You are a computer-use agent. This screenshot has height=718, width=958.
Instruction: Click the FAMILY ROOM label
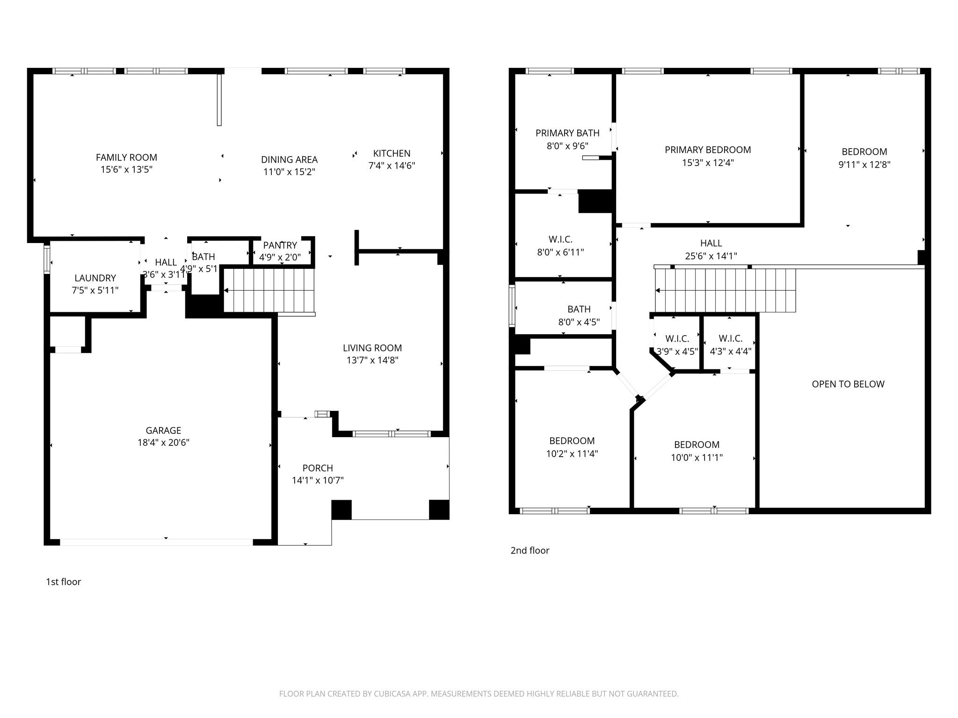tap(126, 158)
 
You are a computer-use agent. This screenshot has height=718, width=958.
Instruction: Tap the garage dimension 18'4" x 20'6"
tap(163, 443)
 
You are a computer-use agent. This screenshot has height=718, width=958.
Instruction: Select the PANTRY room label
tap(280, 245)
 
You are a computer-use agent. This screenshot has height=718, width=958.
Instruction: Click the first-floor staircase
tap(269, 290)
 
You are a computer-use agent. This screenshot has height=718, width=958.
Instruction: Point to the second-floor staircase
tap(725, 290)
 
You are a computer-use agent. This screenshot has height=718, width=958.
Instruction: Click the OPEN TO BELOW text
tap(848, 384)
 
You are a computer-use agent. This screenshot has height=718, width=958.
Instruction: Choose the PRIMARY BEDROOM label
tap(708, 150)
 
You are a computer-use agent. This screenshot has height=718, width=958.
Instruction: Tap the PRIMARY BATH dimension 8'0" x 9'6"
tap(567, 146)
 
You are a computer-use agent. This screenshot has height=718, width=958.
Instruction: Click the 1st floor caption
tap(63, 582)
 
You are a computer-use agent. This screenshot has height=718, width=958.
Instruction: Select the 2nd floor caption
tap(530, 551)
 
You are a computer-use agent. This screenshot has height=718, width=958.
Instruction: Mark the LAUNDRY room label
tap(95, 278)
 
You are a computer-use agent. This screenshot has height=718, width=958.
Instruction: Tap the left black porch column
tap(341, 510)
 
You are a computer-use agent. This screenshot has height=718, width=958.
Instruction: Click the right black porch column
tap(439, 510)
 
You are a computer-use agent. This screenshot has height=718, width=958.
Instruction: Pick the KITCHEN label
tap(392, 153)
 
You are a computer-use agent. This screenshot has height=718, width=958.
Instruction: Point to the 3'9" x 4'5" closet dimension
tap(677, 351)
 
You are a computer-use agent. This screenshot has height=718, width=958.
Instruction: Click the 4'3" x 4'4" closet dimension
tap(730, 351)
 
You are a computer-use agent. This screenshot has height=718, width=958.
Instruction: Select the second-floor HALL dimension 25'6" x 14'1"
tap(711, 256)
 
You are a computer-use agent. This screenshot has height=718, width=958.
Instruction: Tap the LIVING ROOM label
tap(372, 348)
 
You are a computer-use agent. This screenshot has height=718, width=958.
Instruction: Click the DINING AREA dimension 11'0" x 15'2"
tap(289, 172)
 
